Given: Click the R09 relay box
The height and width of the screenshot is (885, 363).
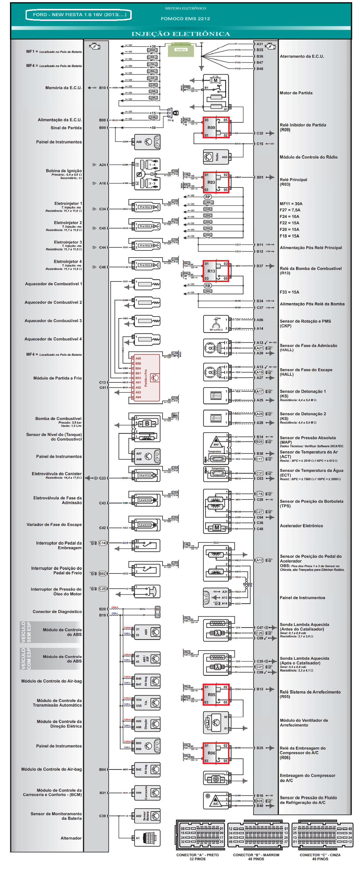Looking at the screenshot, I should click(x=216, y=127).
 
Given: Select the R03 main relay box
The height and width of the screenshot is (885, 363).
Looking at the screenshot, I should click(x=216, y=182).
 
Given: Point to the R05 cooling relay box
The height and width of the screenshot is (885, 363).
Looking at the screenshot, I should click(x=216, y=694).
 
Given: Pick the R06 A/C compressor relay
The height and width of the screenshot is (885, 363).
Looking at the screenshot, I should click(x=216, y=752).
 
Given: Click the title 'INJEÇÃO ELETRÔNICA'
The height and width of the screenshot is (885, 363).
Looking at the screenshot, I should click(x=181, y=34).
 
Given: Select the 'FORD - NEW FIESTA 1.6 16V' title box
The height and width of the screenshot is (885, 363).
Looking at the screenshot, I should click(x=79, y=15).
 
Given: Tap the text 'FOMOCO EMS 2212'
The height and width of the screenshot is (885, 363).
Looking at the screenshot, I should click(x=185, y=19).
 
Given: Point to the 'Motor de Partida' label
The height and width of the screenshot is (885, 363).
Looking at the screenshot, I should click(x=296, y=93).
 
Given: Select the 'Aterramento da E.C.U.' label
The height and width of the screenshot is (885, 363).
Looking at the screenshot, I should click(x=302, y=56).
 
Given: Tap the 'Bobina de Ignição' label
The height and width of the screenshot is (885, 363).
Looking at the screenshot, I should click(x=64, y=171).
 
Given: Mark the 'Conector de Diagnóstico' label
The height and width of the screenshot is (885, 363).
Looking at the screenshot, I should click(x=57, y=612).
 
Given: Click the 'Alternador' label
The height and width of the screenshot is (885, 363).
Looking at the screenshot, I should click(x=71, y=838).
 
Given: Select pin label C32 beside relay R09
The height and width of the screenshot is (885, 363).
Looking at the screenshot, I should click(x=260, y=133).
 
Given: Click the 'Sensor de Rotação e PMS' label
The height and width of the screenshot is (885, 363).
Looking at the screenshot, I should click(x=305, y=321).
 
